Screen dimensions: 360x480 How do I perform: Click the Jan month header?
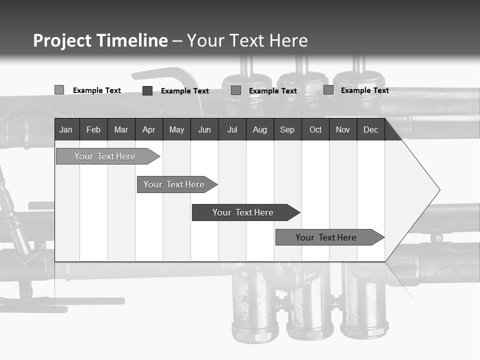[66, 130]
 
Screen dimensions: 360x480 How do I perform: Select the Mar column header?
[121, 130]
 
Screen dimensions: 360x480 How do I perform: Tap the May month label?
[176, 130]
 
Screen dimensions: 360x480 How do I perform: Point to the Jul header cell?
[232, 130]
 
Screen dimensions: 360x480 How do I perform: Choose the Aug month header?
[259, 130]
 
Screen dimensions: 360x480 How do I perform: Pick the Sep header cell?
[287, 130]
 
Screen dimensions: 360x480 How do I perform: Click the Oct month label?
[315, 130]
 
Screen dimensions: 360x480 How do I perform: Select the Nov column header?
[343, 130]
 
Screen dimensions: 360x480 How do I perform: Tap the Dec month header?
[370, 130]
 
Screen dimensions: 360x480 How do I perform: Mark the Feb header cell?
[93, 130]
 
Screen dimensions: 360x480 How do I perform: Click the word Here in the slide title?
[288, 40]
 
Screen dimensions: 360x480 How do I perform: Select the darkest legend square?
[147, 90]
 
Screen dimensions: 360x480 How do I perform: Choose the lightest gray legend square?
[59, 90]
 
